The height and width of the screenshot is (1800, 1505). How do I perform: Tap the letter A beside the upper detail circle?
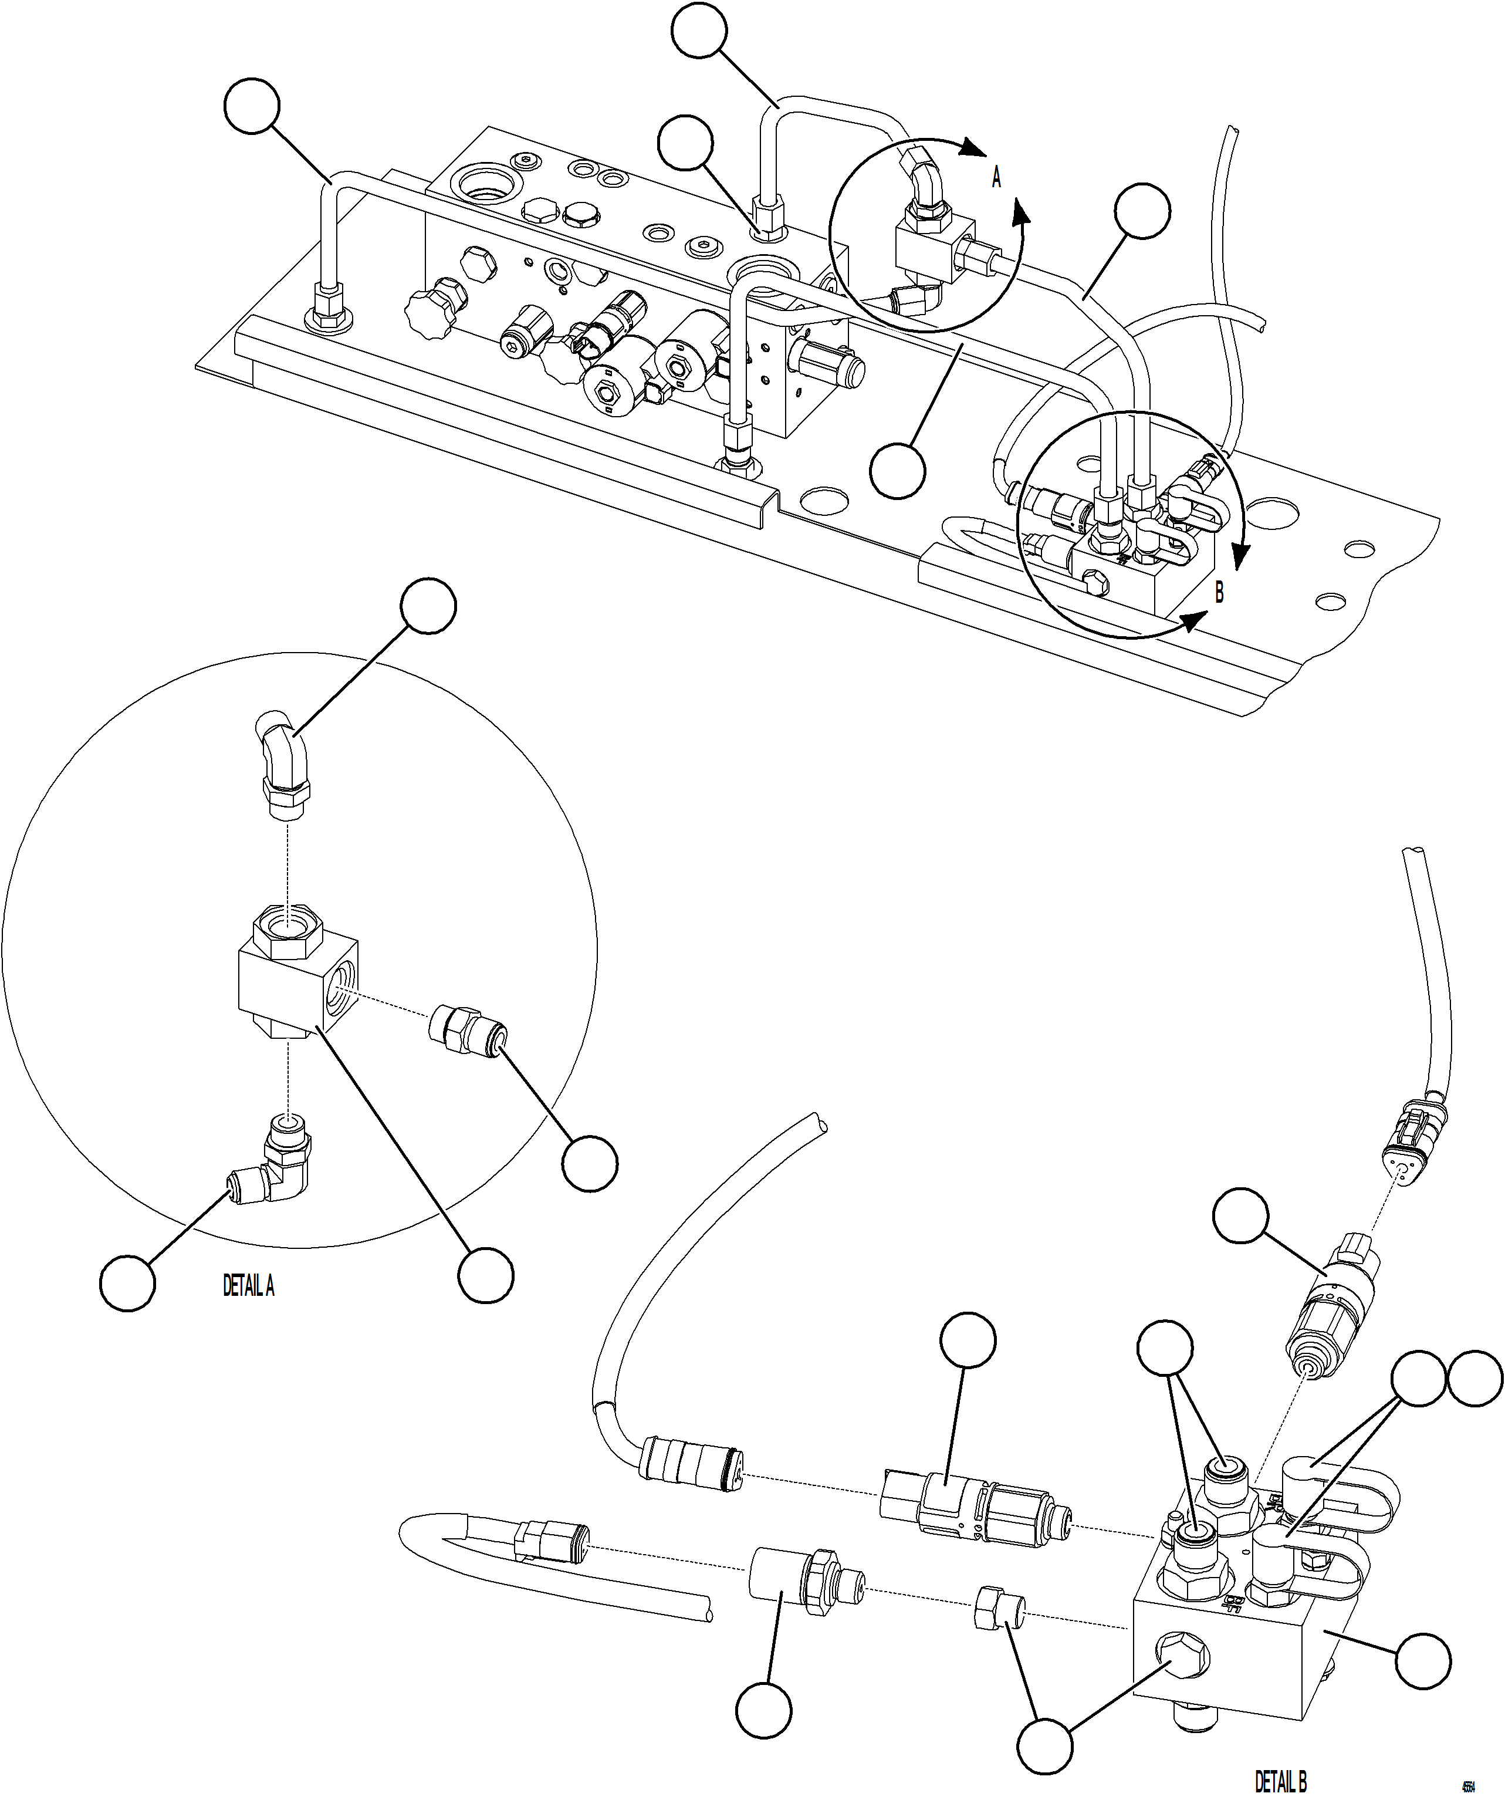996,178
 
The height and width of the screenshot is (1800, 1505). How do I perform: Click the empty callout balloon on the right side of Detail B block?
1423,1661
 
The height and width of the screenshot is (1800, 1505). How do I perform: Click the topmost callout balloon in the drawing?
699,31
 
